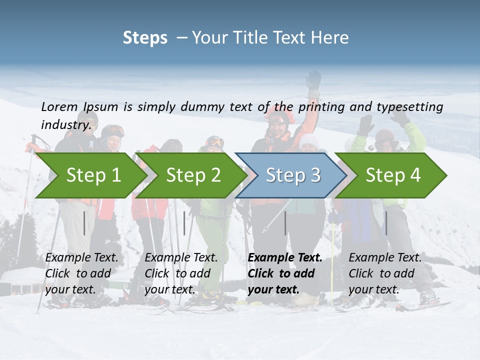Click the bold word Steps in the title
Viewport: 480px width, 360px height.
click(x=145, y=38)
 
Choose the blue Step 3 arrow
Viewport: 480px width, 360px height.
click(x=293, y=175)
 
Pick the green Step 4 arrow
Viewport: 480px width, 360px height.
click(x=393, y=175)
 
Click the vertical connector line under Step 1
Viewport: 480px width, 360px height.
click(x=84, y=223)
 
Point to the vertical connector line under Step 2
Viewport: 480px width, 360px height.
click(x=184, y=223)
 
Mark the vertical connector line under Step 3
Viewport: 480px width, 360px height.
click(x=285, y=223)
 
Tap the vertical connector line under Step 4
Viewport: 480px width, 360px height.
click(x=386, y=223)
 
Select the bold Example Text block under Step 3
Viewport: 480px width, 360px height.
click(x=285, y=273)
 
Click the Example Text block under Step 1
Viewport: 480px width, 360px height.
click(x=81, y=273)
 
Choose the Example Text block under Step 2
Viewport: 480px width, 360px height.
click(x=181, y=273)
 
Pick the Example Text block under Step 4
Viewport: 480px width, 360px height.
click(x=385, y=273)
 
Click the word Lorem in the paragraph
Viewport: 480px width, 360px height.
click(x=59, y=106)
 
